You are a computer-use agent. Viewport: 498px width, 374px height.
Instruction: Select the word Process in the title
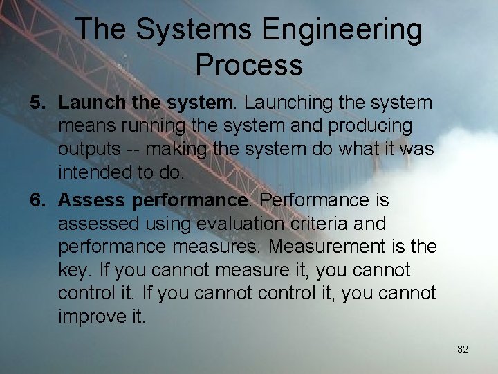[249, 64]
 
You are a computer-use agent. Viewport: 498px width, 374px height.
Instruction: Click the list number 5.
[37, 103]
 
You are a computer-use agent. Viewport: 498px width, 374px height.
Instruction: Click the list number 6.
[37, 201]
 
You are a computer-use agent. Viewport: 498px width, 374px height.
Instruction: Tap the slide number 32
[463, 349]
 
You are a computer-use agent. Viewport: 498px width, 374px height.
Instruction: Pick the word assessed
[97, 224]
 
